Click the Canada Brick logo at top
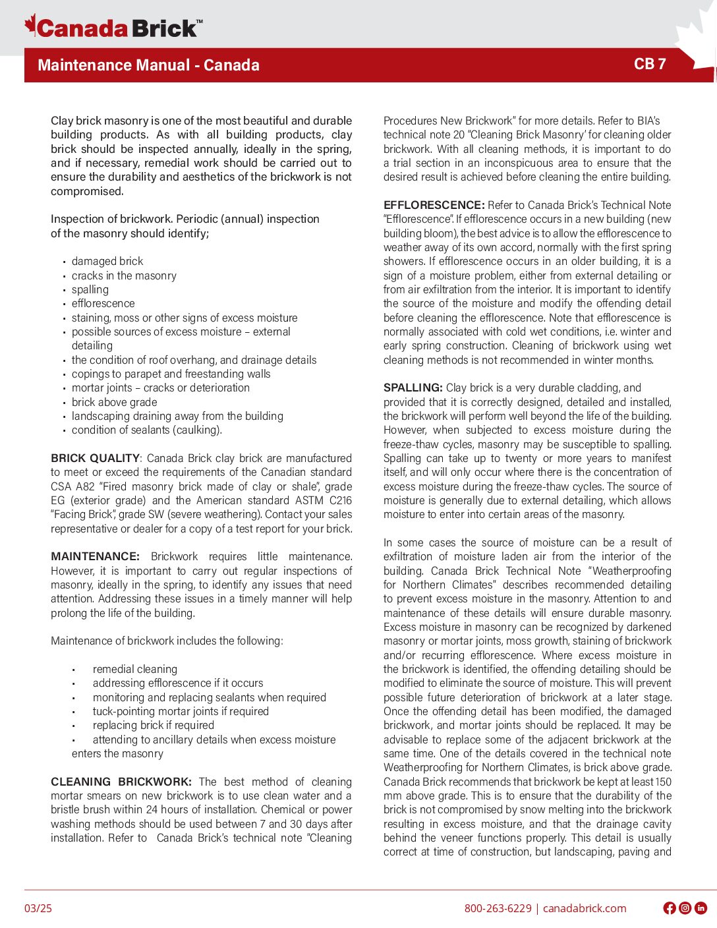[x=113, y=28]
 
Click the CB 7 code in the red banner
[x=649, y=64]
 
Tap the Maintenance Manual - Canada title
[x=148, y=65]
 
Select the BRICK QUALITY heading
[x=95, y=458]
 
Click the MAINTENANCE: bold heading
[x=95, y=556]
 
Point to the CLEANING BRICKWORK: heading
[x=121, y=782]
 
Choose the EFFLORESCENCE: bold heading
[x=434, y=205]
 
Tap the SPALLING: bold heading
[x=413, y=388]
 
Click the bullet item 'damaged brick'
[x=107, y=261]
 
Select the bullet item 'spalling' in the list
[x=90, y=289]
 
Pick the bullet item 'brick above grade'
[x=114, y=402]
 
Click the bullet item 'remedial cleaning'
[x=134, y=669]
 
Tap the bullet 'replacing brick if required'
[x=153, y=725]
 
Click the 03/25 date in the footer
[x=38, y=908]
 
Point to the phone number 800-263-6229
[x=498, y=908]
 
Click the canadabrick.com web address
[x=585, y=908]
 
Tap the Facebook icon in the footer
[x=670, y=908]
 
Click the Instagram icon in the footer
[x=685, y=908]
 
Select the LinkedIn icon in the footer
[x=701, y=908]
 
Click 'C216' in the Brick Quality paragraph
[x=341, y=500]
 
